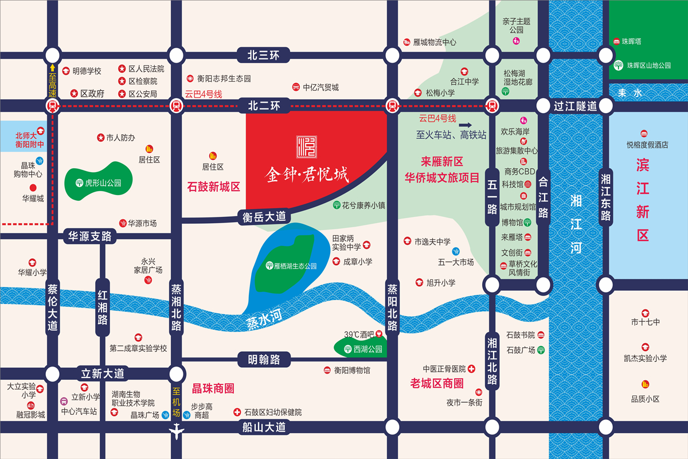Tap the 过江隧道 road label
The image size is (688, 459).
pos(575,106)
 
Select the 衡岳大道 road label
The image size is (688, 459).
pos(263,217)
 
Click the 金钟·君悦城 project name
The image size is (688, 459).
pos(307,173)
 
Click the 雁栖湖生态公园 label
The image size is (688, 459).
pos(291,266)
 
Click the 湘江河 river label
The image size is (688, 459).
pos(576,224)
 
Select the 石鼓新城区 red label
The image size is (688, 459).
pos(213,186)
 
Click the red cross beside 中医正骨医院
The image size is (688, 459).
pos(471,368)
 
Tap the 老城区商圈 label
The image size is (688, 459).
pos(437,383)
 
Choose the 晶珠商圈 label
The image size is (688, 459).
pos(213,388)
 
